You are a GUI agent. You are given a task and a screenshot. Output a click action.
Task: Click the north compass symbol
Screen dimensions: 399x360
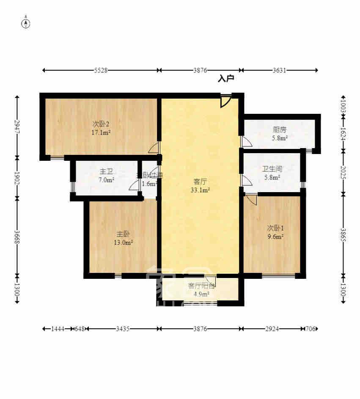pyautogui.click(x=26, y=23)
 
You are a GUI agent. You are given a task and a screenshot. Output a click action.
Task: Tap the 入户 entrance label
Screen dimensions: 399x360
pyautogui.click(x=226, y=79)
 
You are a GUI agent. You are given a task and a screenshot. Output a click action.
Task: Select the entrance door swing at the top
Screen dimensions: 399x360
pyautogui.click(x=226, y=101)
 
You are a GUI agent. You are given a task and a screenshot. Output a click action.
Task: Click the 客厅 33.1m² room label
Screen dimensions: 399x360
pyautogui.click(x=200, y=186)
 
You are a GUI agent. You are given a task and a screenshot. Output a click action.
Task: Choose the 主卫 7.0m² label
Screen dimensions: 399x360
pyautogui.click(x=106, y=176)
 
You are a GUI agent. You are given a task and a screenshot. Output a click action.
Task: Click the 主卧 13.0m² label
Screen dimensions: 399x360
pyautogui.click(x=124, y=238)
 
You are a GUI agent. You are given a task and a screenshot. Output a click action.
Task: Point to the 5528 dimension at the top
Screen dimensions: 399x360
pyautogui.click(x=101, y=71)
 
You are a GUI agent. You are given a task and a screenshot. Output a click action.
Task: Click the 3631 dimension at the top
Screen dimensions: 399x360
pyautogui.click(x=279, y=71)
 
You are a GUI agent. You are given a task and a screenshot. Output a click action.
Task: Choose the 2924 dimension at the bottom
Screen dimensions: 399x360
pyautogui.click(x=272, y=329)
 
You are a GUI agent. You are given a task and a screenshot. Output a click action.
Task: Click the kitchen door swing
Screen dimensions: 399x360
pyautogui.click(x=246, y=142)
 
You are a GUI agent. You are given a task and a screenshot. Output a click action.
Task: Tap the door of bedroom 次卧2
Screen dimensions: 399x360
pyautogui.click(x=154, y=148)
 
